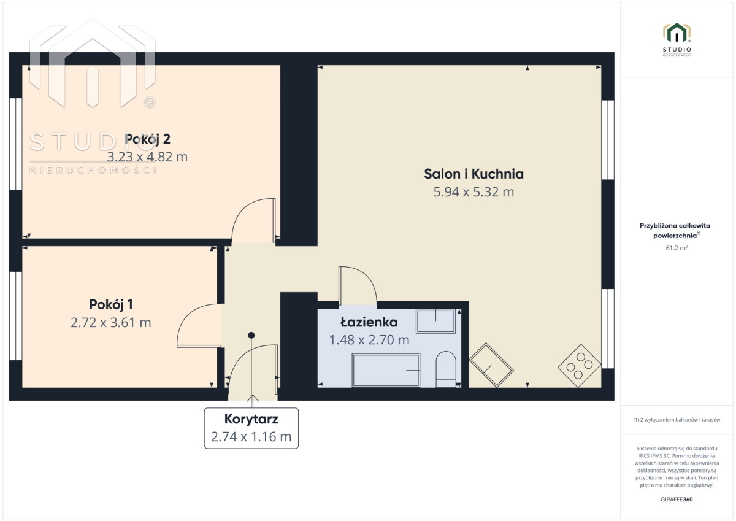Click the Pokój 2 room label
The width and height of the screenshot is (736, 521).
(x=148, y=139)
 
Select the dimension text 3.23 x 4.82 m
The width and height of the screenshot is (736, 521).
(x=148, y=157)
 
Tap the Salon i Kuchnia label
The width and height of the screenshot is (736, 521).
(x=473, y=174)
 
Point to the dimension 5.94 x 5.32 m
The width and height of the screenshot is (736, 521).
(x=473, y=191)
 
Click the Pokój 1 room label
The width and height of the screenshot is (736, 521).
(x=111, y=305)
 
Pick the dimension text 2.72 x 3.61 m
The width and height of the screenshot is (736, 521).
(x=111, y=322)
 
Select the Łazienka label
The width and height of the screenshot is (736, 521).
(x=369, y=322)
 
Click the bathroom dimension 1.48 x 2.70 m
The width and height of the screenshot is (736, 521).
(x=369, y=340)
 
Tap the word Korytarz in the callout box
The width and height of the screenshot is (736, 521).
(x=251, y=419)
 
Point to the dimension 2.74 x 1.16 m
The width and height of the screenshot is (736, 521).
(x=251, y=437)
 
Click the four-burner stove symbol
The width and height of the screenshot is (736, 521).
(x=580, y=366)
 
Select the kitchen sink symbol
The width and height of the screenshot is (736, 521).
(x=491, y=365)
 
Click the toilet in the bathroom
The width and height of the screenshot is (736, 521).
(x=446, y=369)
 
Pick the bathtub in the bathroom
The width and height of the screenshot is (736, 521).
(x=386, y=370)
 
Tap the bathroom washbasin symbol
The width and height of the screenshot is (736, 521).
(x=435, y=321)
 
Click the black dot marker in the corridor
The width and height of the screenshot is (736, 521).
(x=251, y=335)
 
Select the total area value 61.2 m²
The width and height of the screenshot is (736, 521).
(x=677, y=247)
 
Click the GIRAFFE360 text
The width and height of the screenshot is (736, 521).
(x=677, y=500)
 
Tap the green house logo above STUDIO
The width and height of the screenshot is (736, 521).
(x=677, y=33)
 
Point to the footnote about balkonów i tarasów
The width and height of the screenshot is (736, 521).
(x=677, y=420)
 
